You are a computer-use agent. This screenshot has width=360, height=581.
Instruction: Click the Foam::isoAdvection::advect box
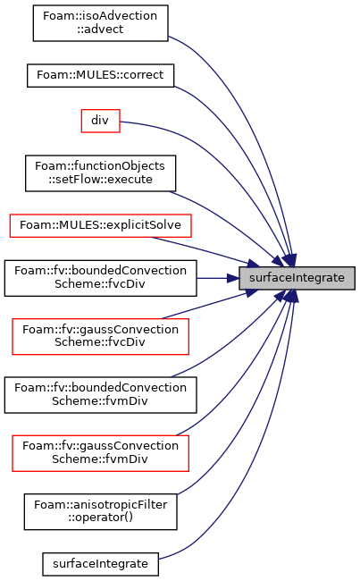tap(100, 23)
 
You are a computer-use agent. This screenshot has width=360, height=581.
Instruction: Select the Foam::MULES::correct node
tap(100, 76)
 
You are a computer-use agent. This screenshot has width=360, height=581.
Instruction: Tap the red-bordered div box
tap(100, 121)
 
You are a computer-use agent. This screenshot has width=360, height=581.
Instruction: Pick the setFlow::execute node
tap(100, 173)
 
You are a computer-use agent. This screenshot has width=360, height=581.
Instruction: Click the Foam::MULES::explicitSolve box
tap(100, 225)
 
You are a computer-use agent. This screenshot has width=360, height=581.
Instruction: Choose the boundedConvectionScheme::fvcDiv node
tap(100, 278)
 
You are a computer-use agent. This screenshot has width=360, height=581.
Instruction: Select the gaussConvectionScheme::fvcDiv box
tap(100, 336)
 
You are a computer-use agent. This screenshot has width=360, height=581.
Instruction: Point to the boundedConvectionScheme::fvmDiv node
tap(100, 395)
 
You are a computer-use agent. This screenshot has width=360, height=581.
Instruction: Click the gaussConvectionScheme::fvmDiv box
tap(100, 453)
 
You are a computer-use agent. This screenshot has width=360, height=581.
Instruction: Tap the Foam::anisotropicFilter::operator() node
tap(100, 511)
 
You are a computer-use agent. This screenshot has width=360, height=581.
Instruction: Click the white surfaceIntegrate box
tap(100, 564)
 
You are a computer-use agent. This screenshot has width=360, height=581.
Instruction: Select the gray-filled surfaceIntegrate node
tap(297, 278)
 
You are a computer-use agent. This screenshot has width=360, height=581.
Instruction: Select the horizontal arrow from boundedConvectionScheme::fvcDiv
tap(218, 278)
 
